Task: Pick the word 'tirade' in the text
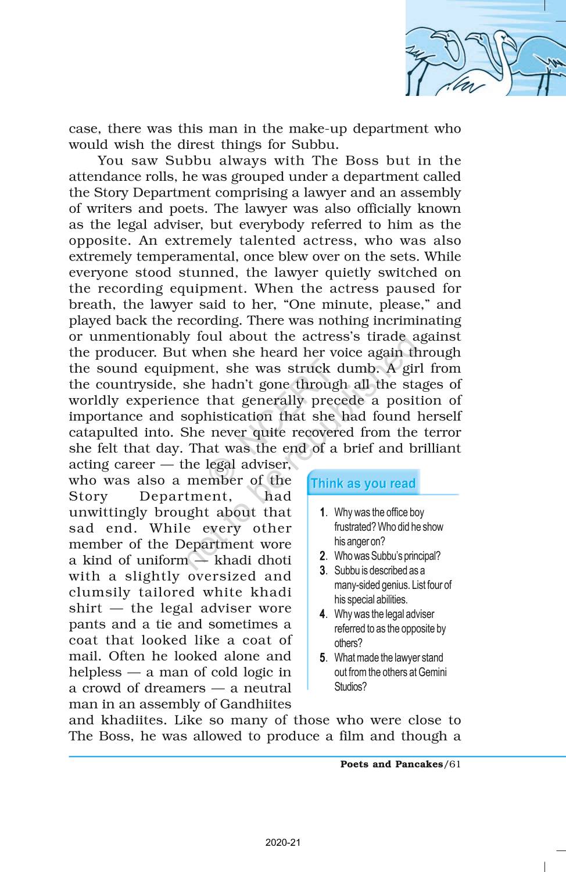[386, 337]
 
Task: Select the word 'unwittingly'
[108, 512]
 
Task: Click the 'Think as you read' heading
[363, 484]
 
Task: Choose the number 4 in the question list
[323, 614]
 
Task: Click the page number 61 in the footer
[454, 764]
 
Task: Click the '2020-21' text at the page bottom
[283, 842]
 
